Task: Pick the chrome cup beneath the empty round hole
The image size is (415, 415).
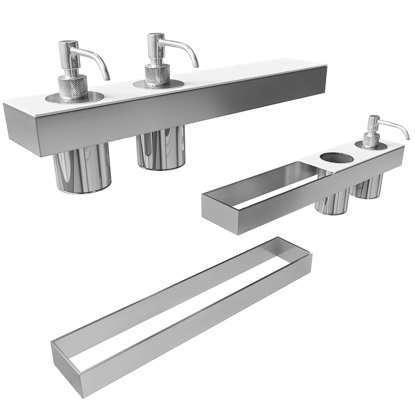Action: tap(332, 203)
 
